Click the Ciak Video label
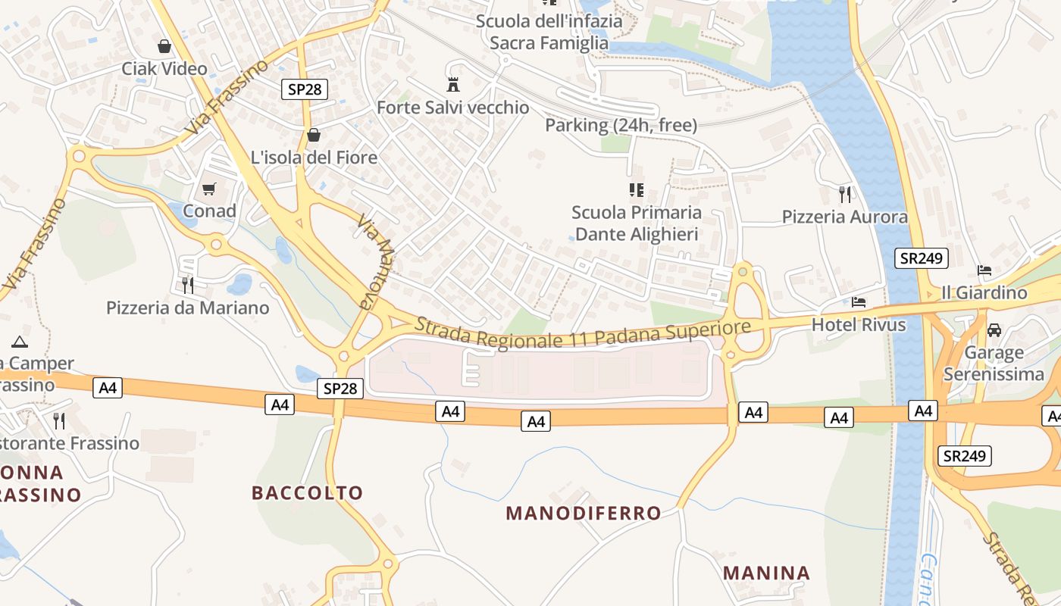(164, 69)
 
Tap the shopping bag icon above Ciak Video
(164, 46)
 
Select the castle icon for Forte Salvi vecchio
(453, 84)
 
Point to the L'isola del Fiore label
(314, 158)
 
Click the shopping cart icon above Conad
(209, 189)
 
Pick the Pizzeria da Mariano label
(188, 308)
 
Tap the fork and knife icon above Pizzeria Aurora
(845, 194)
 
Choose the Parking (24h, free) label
(621, 125)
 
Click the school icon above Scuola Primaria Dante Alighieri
(636, 189)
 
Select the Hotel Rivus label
(859, 325)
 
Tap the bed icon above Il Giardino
(984, 270)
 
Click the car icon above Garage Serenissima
(994, 330)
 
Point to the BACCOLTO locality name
(307, 493)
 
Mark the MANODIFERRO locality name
(584, 514)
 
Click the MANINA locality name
(766, 573)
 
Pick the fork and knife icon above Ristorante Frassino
(59, 420)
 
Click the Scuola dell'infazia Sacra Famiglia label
(549, 32)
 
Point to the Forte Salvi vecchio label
(453, 108)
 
